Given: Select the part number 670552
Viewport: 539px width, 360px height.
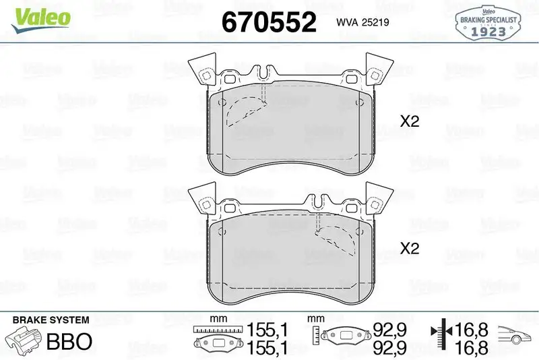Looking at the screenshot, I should tap(269, 22).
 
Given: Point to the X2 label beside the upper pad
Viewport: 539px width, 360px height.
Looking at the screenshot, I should tap(410, 122).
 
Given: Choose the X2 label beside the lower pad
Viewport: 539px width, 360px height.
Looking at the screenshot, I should tap(410, 249).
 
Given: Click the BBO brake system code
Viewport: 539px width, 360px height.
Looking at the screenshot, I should tap(69, 341).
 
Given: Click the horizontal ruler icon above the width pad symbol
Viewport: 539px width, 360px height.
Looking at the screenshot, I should tap(216, 329).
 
